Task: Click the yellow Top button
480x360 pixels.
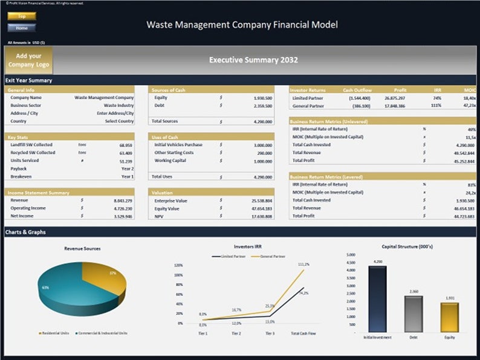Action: [x=22, y=16]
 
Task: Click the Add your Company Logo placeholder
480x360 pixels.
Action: [x=28, y=60]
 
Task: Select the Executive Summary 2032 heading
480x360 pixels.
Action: [x=253, y=60]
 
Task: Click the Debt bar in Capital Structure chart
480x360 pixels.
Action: [x=414, y=314]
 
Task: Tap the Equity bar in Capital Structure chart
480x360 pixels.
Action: [x=449, y=317]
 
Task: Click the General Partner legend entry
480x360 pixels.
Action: [x=271, y=256]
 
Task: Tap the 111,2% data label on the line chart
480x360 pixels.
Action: [x=303, y=264]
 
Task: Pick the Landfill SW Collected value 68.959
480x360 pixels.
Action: [x=126, y=145]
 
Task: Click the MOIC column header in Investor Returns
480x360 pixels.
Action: [x=470, y=90]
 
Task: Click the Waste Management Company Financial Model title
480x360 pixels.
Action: [x=242, y=25]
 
